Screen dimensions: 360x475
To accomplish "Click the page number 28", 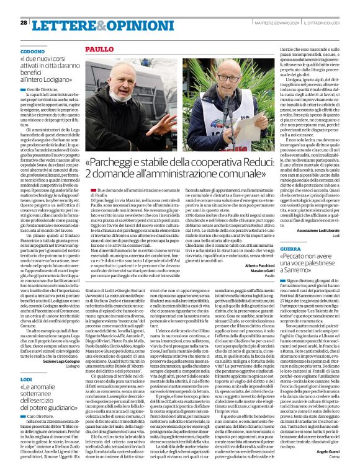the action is click(x=24, y=22).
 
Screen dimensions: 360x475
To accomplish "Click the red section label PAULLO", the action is click(x=99, y=48).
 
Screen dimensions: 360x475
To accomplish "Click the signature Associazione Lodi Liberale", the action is click(x=323, y=228).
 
